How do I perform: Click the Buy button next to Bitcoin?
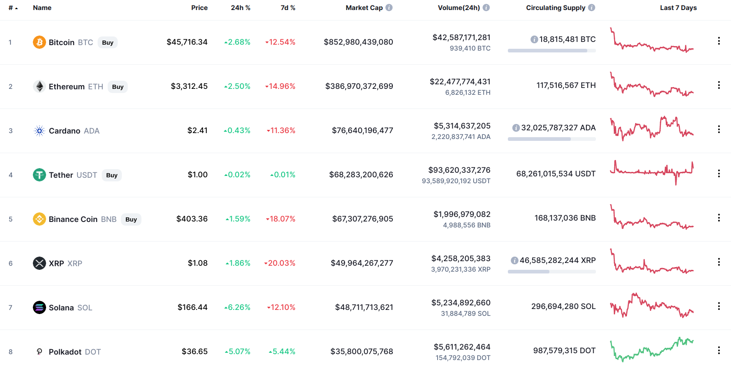point(108,42)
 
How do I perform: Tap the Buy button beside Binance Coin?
point(131,219)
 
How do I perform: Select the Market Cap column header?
point(364,8)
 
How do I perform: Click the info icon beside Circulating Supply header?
point(591,8)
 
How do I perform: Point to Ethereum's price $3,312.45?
point(189,86)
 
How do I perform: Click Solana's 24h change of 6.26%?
point(237,307)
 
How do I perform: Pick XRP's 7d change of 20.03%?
point(280,263)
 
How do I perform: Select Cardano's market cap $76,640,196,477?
point(362,130)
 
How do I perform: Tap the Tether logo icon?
point(39,175)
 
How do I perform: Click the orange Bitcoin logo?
point(39,42)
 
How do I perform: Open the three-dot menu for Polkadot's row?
point(719,350)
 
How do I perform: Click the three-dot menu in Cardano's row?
point(719,129)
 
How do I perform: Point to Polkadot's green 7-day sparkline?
point(652,350)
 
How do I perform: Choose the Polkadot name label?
point(65,352)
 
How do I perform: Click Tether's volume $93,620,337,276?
point(459,170)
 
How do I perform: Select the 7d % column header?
point(287,8)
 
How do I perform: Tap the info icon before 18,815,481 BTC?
point(534,40)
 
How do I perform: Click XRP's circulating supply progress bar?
point(552,272)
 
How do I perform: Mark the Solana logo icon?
point(39,308)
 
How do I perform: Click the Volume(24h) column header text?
point(459,8)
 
